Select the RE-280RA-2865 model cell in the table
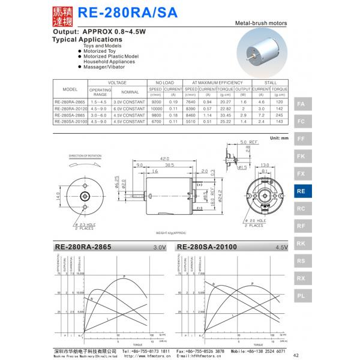point(70,103)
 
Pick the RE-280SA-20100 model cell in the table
point(70,121)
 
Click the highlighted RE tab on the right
point(301,191)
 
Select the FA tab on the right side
point(301,104)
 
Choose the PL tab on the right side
point(301,296)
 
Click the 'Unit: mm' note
point(279,139)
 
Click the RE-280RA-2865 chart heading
point(66,247)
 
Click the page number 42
point(295,355)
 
